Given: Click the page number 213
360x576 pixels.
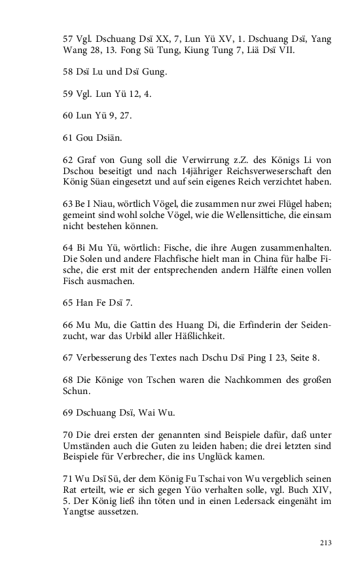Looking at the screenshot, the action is point(326,543).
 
